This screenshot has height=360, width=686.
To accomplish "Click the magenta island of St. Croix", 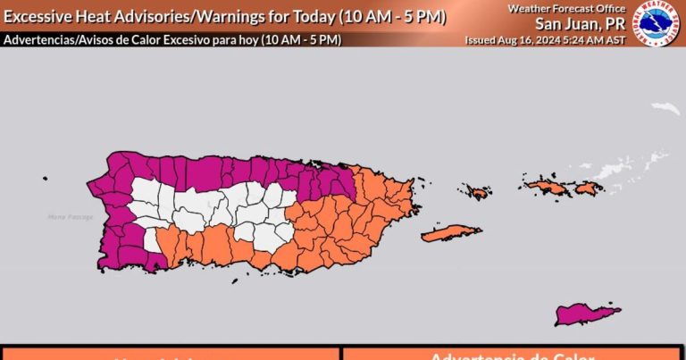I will point(587,314).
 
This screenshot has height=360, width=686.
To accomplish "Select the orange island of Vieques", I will point(451,233).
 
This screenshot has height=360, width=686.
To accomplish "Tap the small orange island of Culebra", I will point(475,191).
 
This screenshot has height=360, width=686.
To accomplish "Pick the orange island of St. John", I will point(589,188).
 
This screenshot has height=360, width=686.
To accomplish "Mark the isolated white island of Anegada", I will point(665,108).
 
